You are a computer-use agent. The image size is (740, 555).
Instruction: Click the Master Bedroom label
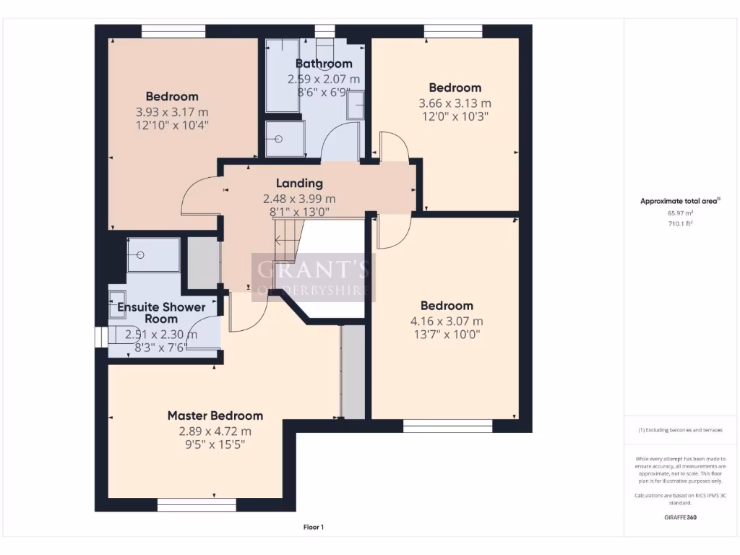click(x=215, y=416)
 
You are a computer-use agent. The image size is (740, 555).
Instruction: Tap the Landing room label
click(x=299, y=184)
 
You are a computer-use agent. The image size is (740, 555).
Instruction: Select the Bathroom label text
click(x=323, y=64)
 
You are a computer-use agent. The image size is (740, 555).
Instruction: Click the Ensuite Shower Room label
click(x=161, y=313)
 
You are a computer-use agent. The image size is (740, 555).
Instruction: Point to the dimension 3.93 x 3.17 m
click(x=171, y=112)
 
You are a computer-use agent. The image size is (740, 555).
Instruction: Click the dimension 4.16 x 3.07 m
click(x=447, y=321)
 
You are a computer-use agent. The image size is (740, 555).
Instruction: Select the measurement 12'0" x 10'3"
click(x=455, y=116)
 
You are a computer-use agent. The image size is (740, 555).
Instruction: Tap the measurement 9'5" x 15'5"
click(x=215, y=444)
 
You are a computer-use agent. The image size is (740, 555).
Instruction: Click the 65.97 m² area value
click(x=680, y=213)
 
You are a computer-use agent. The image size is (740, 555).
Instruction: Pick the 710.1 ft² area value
click(x=680, y=224)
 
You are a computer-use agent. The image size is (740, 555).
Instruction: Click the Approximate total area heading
click(x=680, y=202)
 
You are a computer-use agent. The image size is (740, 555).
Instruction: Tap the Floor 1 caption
click(x=313, y=528)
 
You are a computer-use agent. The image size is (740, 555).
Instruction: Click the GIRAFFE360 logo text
click(x=680, y=517)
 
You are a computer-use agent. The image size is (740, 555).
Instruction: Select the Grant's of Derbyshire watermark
click(x=313, y=277)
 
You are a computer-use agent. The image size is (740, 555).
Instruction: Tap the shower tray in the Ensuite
click(x=152, y=255)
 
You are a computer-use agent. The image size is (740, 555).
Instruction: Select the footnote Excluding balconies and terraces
click(x=680, y=430)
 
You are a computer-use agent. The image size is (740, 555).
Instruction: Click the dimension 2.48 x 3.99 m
click(x=299, y=199)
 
